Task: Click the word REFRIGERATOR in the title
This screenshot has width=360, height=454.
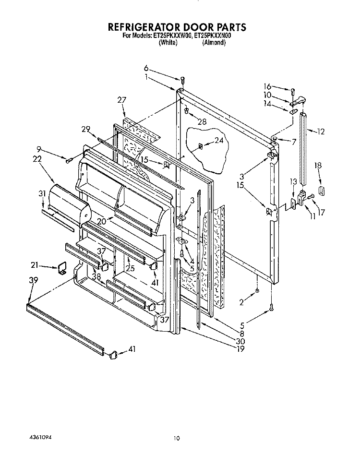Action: (144, 27)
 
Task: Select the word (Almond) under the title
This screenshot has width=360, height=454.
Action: (214, 43)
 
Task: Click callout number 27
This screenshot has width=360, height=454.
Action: (121, 100)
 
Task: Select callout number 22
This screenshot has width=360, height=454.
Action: (37, 159)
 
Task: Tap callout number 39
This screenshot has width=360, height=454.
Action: (33, 280)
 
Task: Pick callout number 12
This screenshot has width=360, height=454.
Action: (321, 131)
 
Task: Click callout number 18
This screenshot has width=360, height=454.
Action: (318, 165)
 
